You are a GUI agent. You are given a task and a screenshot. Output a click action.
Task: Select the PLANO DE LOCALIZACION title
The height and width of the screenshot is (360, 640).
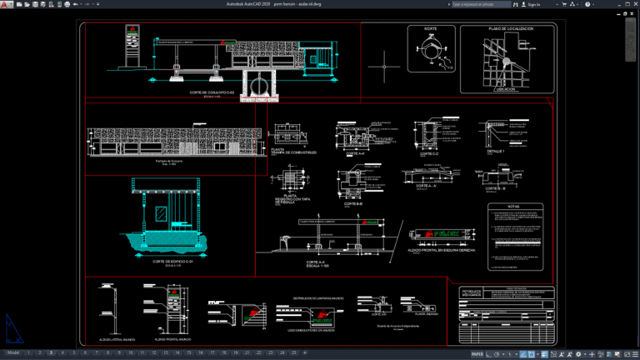(510, 28)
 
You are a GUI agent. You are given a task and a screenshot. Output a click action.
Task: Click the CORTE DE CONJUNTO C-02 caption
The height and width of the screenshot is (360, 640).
(209, 92)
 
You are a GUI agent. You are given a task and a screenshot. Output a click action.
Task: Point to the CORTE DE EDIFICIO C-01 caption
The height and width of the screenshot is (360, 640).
(172, 262)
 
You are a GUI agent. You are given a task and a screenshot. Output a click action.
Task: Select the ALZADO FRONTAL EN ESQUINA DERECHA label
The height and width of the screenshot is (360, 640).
(442, 249)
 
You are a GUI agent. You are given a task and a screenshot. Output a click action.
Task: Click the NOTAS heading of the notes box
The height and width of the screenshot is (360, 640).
(513, 207)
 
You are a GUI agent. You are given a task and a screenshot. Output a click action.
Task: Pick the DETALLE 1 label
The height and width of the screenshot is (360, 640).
(496, 152)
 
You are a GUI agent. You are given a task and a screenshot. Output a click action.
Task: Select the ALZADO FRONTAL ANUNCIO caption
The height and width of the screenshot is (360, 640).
(172, 339)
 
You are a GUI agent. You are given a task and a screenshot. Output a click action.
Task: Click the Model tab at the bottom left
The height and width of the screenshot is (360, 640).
(12, 353)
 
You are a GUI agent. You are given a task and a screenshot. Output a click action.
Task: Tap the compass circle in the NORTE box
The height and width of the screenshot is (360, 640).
(430, 52)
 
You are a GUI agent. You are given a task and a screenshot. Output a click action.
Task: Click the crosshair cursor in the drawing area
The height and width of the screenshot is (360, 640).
(383, 62)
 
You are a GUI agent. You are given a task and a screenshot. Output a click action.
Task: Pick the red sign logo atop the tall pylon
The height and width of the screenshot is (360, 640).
(132, 32)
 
